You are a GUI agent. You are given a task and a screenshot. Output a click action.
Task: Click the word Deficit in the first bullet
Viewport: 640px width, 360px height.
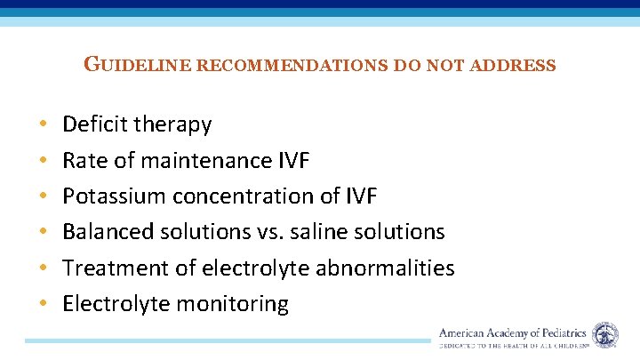(95, 124)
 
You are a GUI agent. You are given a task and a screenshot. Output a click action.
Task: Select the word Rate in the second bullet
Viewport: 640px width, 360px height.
(83, 160)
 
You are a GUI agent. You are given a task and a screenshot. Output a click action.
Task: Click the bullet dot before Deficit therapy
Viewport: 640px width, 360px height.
(43, 125)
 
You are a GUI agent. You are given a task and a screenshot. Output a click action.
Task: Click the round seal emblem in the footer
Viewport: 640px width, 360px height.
(605, 335)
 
